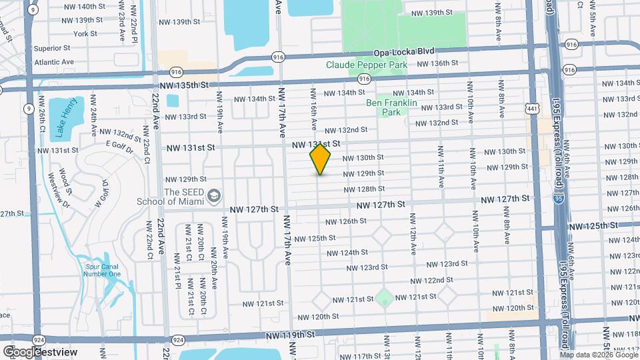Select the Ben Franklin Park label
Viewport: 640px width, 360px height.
pyautogui.click(x=391, y=107)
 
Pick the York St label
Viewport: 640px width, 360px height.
pyautogui.click(x=85, y=33)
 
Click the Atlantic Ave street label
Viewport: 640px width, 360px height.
pyautogui.click(x=54, y=62)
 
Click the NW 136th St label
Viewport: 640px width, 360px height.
pyautogui.click(x=437, y=63)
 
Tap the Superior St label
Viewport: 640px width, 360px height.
pyautogui.click(x=52, y=48)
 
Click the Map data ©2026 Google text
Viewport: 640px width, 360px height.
pyautogui.click(x=597, y=354)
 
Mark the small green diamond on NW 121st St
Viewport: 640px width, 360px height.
pyautogui.click(x=384, y=297)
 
